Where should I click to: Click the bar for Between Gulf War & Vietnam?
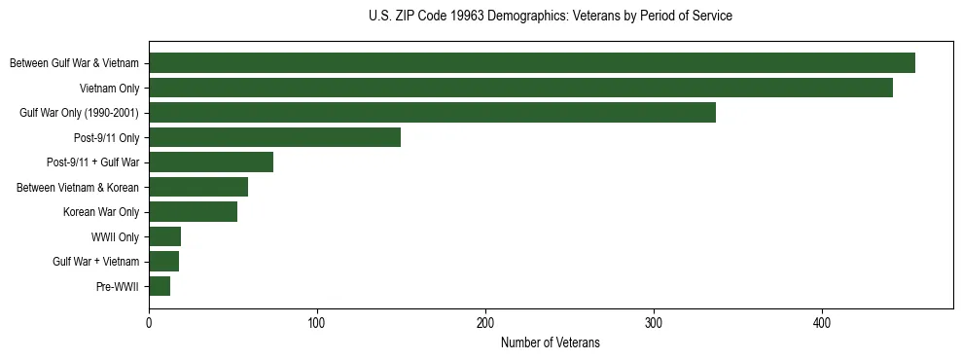pyautogui.click(x=532, y=63)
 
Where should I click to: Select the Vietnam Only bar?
pyautogui.click(x=520, y=88)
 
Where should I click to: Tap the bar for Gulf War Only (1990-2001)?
pyautogui.click(x=432, y=113)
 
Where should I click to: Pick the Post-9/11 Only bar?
pyautogui.click(x=274, y=137)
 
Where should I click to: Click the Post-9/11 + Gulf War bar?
pyautogui.click(x=211, y=162)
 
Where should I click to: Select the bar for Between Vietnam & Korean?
pyautogui.click(x=198, y=187)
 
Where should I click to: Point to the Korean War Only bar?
pyautogui.click(x=193, y=212)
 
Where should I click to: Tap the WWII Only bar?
pyautogui.click(x=164, y=236)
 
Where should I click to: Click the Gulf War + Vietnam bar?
pyautogui.click(x=163, y=262)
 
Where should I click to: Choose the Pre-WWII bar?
pyautogui.click(x=160, y=286)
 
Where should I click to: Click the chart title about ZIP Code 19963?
pyautogui.click(x=551, y=17)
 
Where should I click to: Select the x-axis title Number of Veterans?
pyautogui.click(x=551, y=343)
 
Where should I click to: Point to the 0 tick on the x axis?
pyautogui.click(x=149, y=324)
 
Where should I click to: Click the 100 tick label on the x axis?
pyautogui.click(x=317, y=324)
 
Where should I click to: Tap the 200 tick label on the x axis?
pyautogui.click(x=485, y=324)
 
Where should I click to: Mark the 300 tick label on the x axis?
pyautogui.click(x=654, y=324)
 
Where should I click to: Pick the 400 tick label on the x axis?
pyautogui.click(x=822, y=324)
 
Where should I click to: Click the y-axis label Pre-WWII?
pyautogui.click(x=120, y=287)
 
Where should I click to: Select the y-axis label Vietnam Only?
pyautogui.click(x=109, y=89)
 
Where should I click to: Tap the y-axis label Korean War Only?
pyautogui.click(x=101, y=212)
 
